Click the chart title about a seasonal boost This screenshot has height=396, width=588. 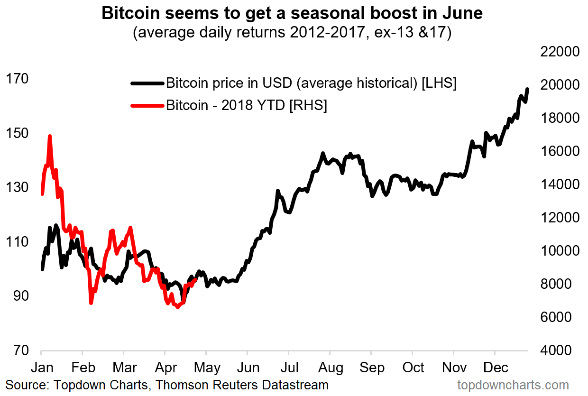click(292, 14)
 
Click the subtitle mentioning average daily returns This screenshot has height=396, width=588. click(292, 34)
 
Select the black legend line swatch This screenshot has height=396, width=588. click(147, 83)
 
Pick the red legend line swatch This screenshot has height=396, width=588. click(147, 105)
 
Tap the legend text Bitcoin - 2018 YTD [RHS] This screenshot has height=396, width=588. click(246, 105)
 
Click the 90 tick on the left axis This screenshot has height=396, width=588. click(17, 296)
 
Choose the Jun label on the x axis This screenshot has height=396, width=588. click(249, 368)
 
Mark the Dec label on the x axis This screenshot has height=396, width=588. click(496, 368)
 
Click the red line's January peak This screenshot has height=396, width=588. click(49, 136)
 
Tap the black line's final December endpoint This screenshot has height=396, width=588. click(528, 89)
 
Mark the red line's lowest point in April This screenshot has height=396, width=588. click(178, 307)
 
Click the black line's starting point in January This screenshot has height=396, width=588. click(42, 269)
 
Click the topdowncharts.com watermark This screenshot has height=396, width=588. click(513, 384)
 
